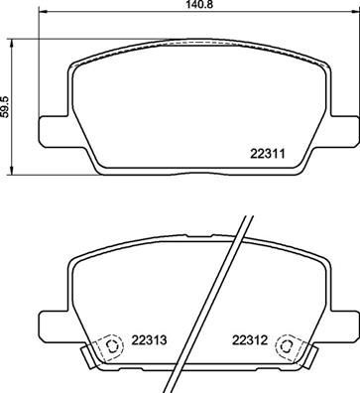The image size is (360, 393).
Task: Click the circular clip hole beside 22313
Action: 111,347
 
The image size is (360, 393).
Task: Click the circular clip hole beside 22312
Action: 289,347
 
